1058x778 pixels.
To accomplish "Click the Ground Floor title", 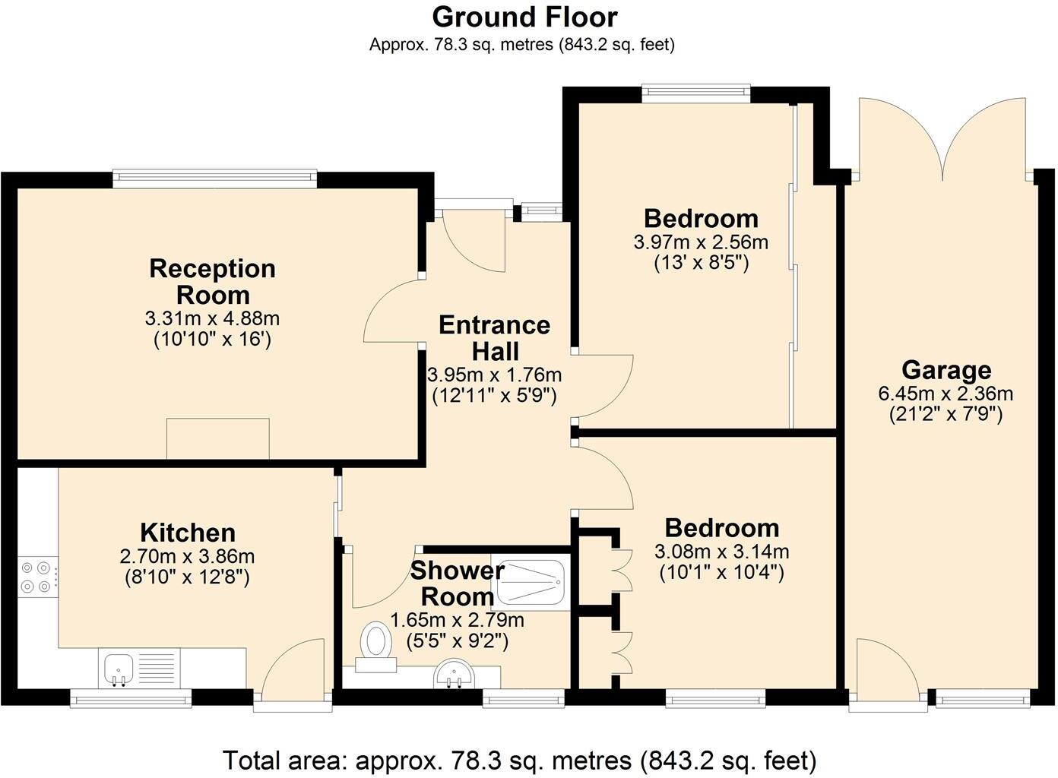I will click(x=524, y=17).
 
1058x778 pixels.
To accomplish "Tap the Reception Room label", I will click(x=212, y=281).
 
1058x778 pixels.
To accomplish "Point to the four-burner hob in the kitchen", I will click(x=37, y=576).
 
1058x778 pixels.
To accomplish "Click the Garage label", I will click(x=946, y=370).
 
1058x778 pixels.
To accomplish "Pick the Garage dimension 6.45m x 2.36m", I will click(x=946, y=394).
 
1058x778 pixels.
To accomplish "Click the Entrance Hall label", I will click(x=495, y=338).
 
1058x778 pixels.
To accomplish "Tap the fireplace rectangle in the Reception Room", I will click(x=218, y=438).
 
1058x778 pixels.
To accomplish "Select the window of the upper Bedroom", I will click(x=695, y=93).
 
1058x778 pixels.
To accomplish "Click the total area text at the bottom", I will click(x=520, y=760).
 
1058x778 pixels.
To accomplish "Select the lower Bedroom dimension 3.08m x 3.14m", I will click(x=721, y=552).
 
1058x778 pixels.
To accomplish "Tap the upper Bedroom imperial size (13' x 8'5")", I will click(x=702, y=264).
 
